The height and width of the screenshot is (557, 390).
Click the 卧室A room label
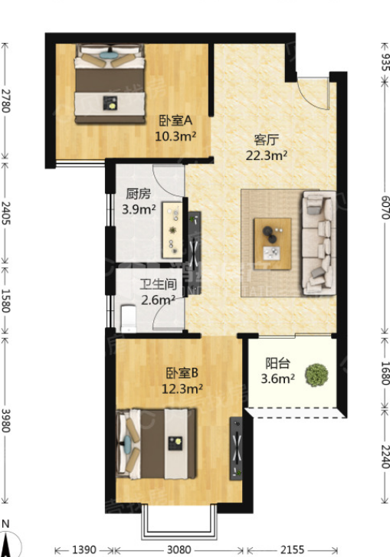[175, 121]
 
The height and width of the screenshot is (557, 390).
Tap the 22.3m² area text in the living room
[267, 156]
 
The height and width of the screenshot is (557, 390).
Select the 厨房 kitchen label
[138, 194]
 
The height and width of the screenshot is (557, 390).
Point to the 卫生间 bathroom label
[158, 284]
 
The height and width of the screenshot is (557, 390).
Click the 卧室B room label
[182, 373]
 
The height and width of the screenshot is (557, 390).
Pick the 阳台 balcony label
[278, 363]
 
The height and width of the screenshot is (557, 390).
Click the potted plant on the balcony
[316, 375]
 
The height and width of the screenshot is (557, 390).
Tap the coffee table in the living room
[273, 244]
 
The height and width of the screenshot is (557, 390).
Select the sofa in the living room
[319, 244]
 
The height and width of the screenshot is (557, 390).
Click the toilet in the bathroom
[129, 318]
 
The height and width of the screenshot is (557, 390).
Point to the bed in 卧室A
[110, 84]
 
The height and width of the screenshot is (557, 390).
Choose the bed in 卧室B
[156, 444]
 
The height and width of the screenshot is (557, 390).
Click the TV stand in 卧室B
[236, 448]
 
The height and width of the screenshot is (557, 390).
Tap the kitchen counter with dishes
[172, 230]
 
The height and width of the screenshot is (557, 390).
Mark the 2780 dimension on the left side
[5, 101]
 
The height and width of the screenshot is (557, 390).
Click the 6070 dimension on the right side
[385, 208]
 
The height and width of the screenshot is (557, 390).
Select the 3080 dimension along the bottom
[179, 550]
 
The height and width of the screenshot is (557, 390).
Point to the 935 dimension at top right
[385, 62]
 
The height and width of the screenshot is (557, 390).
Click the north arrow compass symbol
[8, 540]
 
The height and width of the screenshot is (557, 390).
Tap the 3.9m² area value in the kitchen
[139, 209]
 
